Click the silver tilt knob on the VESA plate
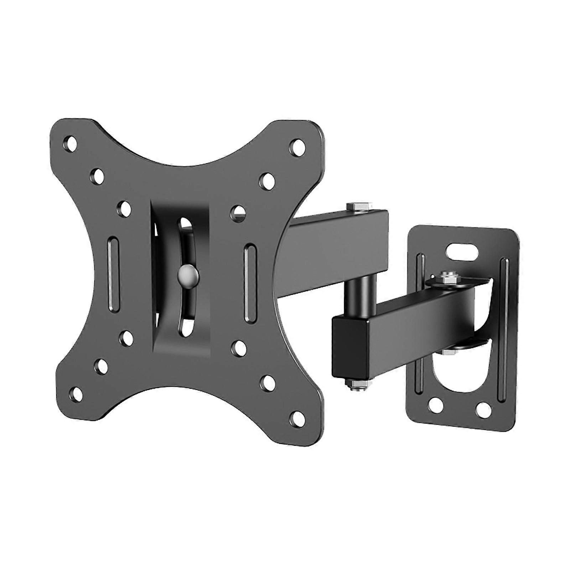[x=187, y=274]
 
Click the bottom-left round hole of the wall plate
[x=435, y=404]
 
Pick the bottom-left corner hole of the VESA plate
[x=74, y=393]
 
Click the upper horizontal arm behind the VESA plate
[x=338, y=246]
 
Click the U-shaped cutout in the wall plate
[x=460, y=370]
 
